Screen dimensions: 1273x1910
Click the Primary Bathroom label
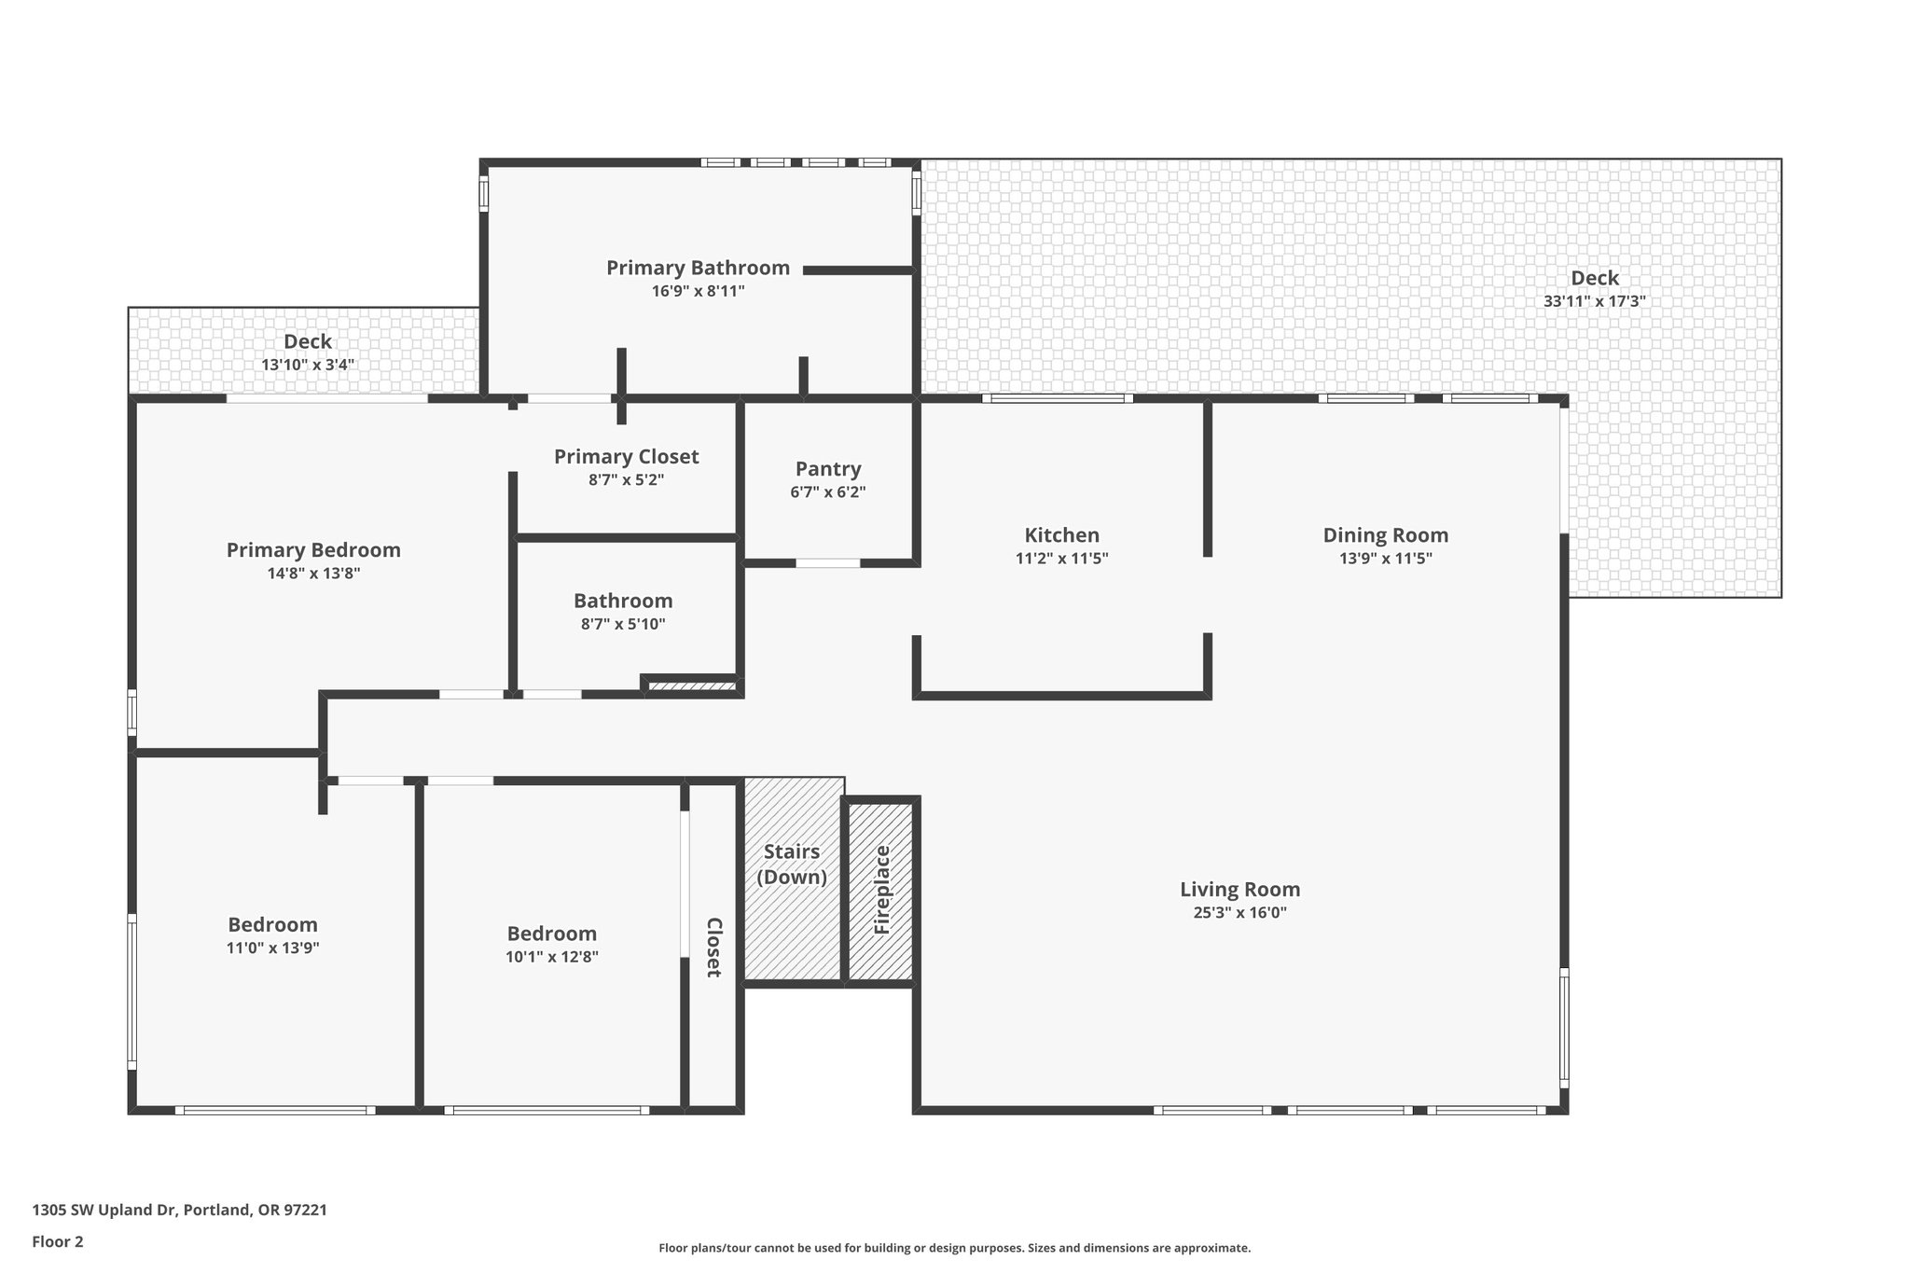(x=698, y=269)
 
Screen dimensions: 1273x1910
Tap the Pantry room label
(x=827, y=469)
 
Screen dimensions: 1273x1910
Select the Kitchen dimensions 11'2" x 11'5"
(x=1061, y=559)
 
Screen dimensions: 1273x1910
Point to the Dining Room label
(x=1385, y=535)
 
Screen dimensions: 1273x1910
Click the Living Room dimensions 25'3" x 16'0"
(x=1239, y=913)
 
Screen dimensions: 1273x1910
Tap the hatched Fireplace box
(x=881, y=891)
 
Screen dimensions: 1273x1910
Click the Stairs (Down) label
(x=791, y=864)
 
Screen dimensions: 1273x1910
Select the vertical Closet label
(x=713, y=947)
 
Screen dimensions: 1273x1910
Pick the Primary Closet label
(x=626, y=457)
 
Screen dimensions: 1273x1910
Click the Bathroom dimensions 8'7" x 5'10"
(x=623, y=624)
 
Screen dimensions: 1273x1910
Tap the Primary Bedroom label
(x=313, y=550)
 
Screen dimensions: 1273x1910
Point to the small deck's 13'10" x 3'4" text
(x=307, y=365)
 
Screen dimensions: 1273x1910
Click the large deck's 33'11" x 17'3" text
(x=1594, y=301)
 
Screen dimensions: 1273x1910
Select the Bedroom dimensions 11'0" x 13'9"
(x=272, y=948)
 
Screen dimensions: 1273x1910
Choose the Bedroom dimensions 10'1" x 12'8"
(x=551, y=957)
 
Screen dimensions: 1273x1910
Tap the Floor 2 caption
(x=57, y=1241)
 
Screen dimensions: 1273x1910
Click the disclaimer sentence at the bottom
(x=954, y=1248)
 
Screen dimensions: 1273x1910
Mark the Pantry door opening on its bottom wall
(x=827, y=563)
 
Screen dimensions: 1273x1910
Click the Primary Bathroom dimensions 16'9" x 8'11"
(x=698, y=291)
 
